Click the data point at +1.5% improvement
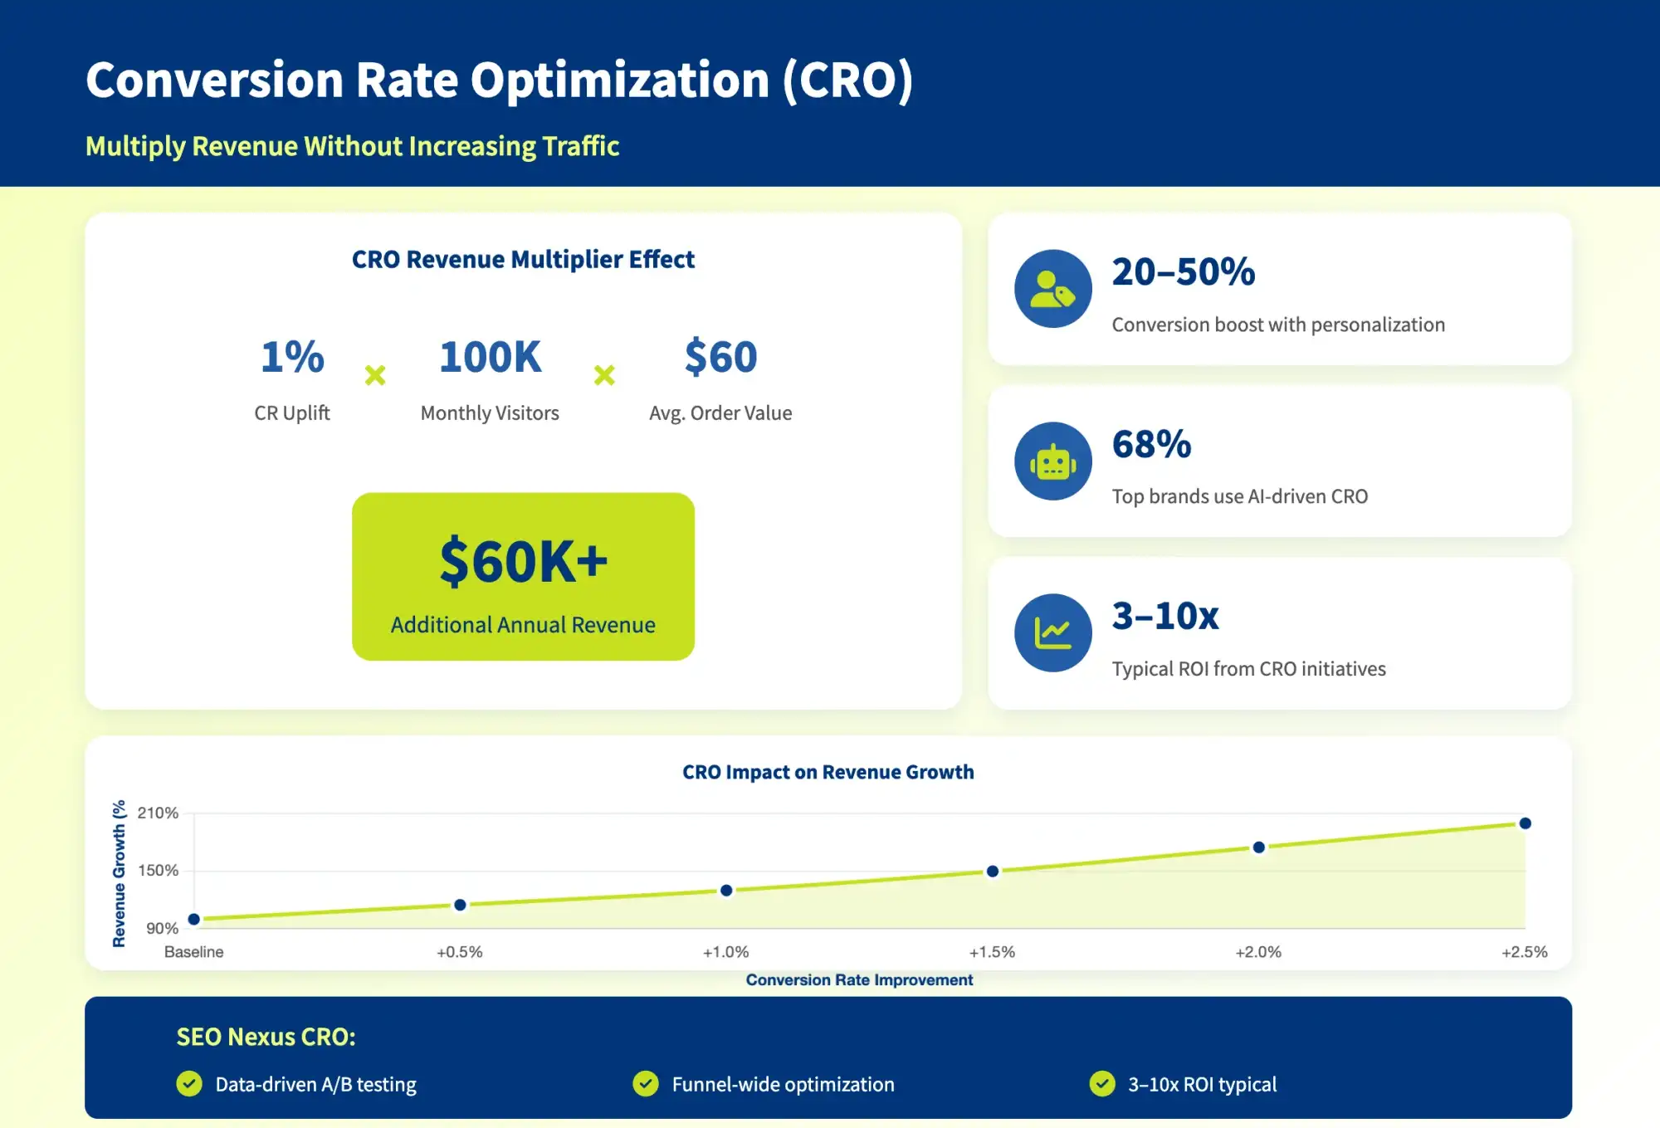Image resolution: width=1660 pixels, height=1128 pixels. click(x=992, y=872)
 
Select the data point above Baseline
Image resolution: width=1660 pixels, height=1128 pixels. click(x=194, y=919)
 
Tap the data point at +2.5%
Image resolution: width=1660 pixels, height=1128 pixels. click(x=1525, y=823)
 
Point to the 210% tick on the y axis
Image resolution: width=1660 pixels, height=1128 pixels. click(x=158, y=813)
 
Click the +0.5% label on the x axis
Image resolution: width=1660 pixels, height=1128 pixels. click(x=459, y=952)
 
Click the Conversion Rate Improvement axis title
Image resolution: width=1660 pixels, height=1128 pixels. click(x=859, y=980)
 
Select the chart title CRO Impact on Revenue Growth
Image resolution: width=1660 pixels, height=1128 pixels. click(x=828, y=772)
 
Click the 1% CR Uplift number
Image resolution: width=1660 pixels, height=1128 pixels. click(x=292, y=358)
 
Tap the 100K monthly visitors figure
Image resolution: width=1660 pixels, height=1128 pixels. click(x=490, y=358)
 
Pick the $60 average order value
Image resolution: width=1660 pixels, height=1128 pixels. click(x=720, y=358)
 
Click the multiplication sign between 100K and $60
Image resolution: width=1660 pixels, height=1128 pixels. click(x=604, y=375)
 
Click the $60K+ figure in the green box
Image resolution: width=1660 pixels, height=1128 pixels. click(x=523, y=562)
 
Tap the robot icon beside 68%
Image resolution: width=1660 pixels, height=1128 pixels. click(x=1053, y=461)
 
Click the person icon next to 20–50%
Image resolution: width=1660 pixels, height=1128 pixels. click(x=1053, y=289)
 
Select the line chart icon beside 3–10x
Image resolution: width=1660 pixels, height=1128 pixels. click(x=1053, y=633)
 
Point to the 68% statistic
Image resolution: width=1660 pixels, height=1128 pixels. click(x=1151, y=445)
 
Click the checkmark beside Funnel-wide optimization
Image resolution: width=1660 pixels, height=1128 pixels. click(x=645, y=1084)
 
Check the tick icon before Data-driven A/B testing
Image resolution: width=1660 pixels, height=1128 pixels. click(x=189, y=1084)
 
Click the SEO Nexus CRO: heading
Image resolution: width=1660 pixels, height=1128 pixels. click(x=266, y=1038)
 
